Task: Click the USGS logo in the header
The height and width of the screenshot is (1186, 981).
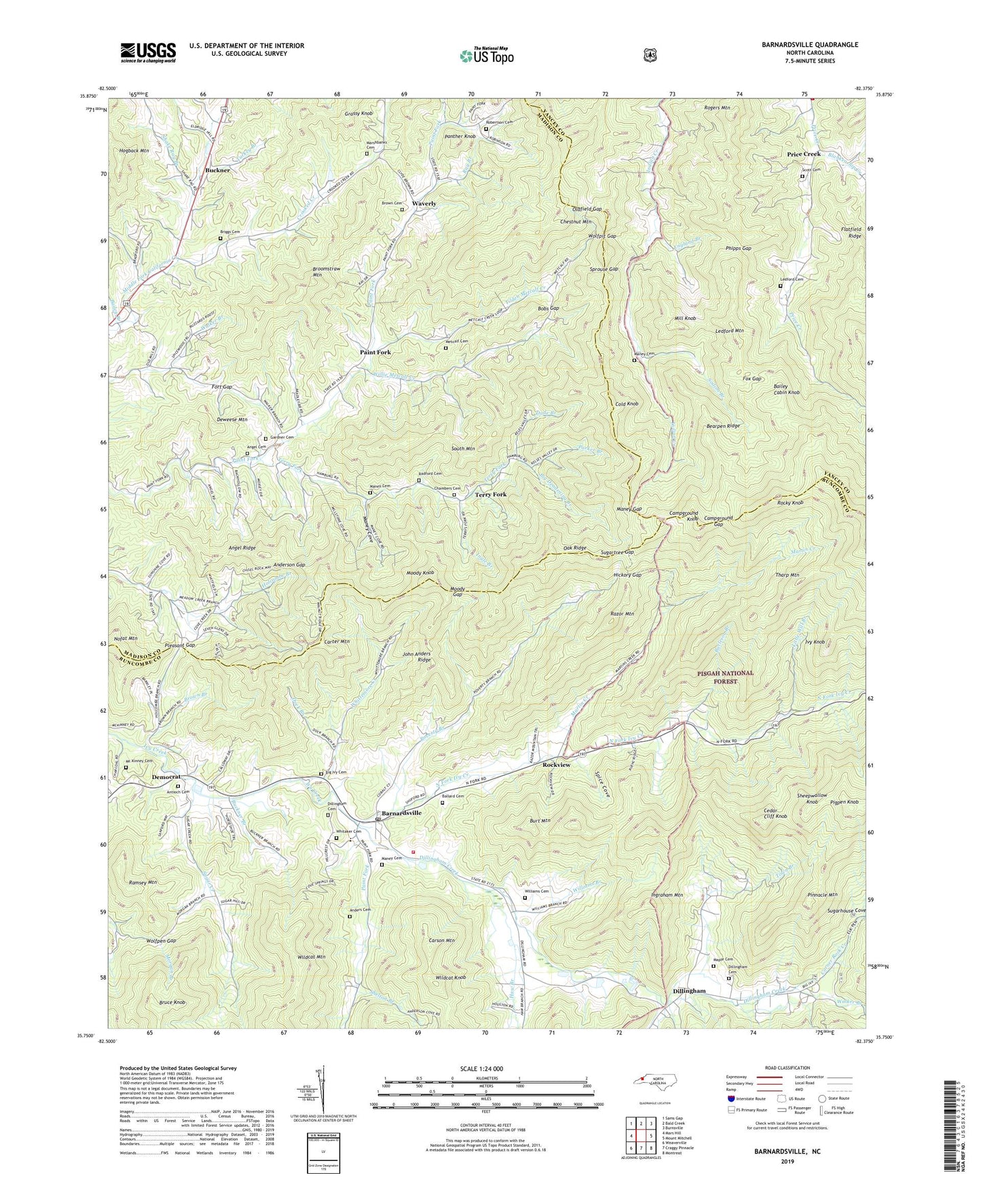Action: pos(148,52)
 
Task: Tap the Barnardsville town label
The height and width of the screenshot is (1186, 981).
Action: pos(401,812)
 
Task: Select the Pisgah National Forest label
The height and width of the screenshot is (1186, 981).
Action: pos(725,677)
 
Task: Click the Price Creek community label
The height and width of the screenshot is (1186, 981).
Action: pos(804,154)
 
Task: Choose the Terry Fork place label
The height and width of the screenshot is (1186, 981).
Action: pos(490,495)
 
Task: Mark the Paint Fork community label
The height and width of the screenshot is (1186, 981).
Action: pos(375,353)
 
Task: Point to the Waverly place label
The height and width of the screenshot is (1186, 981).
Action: pos(424,203)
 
